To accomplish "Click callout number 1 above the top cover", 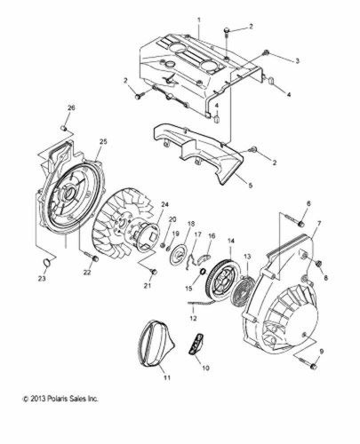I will (199, 19).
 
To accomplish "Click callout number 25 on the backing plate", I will (103, 142).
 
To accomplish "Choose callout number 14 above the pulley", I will (230, 241).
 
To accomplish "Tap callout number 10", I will (205, 367).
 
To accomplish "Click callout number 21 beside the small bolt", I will (147, 286).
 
